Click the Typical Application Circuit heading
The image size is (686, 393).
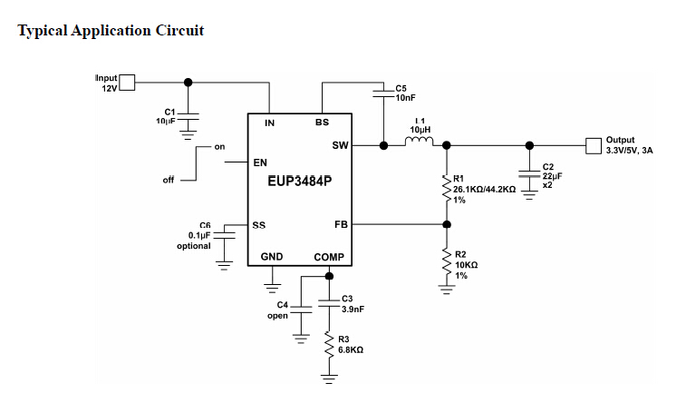tap(111, 31)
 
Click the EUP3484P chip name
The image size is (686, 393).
tap(300, 181)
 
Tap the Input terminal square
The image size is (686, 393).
tap(127, 84)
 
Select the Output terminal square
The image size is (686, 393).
tap(594, 144)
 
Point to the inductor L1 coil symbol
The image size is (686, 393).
tap(420, 141)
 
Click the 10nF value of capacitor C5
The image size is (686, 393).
tap(406, 97)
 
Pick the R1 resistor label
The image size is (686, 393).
tap(459, 179)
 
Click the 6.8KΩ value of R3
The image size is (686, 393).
tap(351, 349)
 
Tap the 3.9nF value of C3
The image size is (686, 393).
tap(353, 309)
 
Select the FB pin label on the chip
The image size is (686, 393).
tap(341, 223)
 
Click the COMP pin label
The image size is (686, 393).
tap(329, 258)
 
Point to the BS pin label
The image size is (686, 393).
tap(322, 123)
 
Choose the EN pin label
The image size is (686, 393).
tap(261, 163)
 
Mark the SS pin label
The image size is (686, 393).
tap(260, 224)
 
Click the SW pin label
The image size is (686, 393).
tap(340, 145)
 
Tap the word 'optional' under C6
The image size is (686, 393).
tap(193, 246)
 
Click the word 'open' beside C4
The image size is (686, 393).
tap(277, 316)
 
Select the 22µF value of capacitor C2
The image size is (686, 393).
tap(552, 176)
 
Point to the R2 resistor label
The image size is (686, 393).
tap(460, 255)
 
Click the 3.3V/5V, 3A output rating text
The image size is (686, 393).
tap(629, 151)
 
